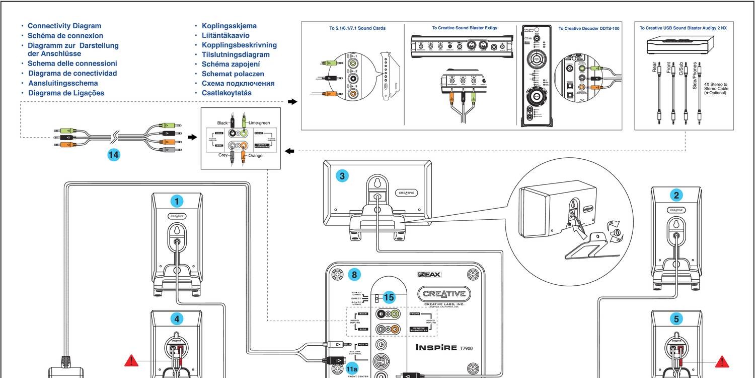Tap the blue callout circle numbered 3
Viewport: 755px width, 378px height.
[342, 176]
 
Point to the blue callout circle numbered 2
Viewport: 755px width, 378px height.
[676, 196]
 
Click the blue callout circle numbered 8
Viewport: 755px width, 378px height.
[354, 275]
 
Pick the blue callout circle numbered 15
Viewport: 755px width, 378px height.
[389, 297]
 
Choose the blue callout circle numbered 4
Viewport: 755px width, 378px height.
[176, 318]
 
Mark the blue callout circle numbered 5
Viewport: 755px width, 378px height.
[676, 318]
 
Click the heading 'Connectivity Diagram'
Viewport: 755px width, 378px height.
[64, 26]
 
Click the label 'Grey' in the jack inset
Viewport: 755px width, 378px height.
[223, 155]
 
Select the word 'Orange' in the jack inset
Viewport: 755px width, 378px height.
[255, 156]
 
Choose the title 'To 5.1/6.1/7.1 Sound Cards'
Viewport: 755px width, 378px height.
[357, 28]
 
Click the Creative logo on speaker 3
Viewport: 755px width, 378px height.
[407, 193]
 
